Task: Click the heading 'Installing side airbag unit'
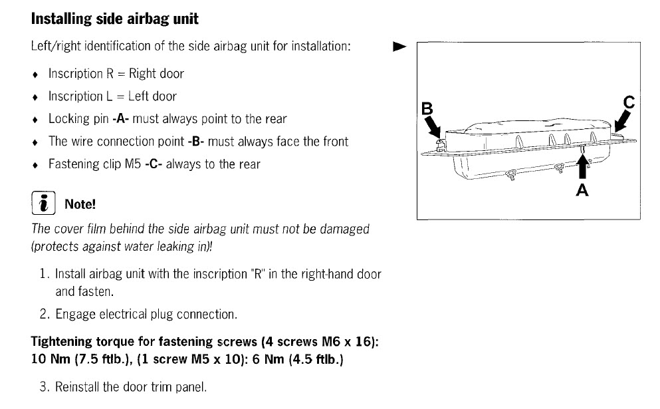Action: pos(114,19)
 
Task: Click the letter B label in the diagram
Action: pos(428,108)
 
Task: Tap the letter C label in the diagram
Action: pos(629,102)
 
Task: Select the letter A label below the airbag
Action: pos(582,190)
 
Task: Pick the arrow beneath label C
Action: pos(623,122)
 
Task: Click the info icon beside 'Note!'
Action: pos(42,203)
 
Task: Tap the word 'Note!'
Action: pos(80,204)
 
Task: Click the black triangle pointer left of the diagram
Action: pos(399,47)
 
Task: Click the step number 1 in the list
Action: pos(43,274)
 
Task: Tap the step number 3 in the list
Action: pos(43,387)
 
